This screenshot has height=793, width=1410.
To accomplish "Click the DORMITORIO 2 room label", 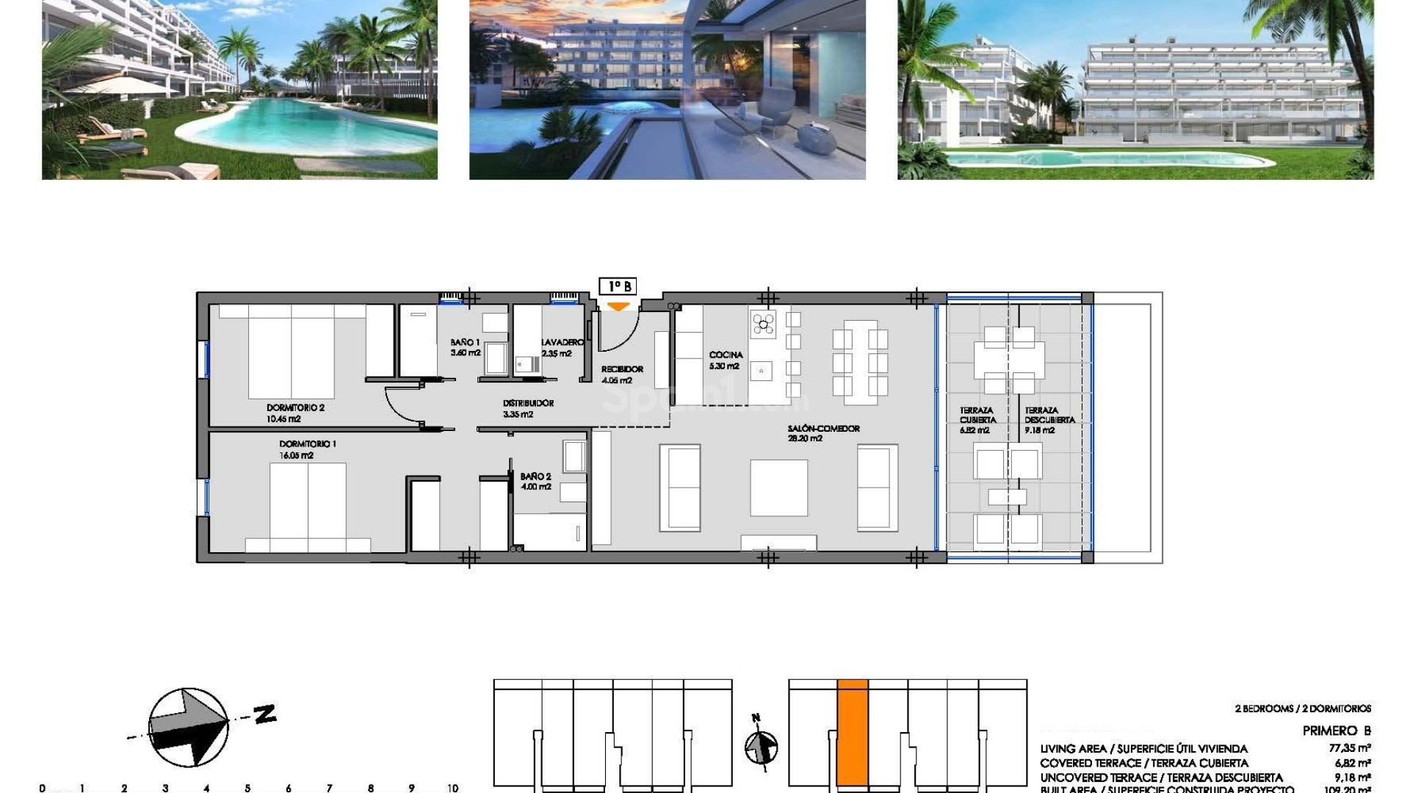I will pyautogui.click(x=295, y=408).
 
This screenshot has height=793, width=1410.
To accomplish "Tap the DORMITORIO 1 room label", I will pyautogui.click(x=307, y=444).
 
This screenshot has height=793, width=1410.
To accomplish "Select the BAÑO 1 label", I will pyautogui.click(x=465, y=343).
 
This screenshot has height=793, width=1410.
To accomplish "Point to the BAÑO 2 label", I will pyautogui.click(x=535, y=477).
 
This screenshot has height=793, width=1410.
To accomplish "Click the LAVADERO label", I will pyautogui.click(x=563, y=343).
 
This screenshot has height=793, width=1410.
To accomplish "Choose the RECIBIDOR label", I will pyautogui.click(x=622, y=369).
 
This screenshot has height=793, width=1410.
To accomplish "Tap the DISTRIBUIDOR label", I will pyautogui.click(x=528, y=404).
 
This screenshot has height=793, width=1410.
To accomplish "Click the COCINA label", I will pyautogui.click(x=726, y=355).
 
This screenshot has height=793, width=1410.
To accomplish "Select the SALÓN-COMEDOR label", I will pyautogui.click(x=823, y=429).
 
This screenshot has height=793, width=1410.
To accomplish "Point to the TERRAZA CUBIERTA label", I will pyautogui.click(x=977, y=416).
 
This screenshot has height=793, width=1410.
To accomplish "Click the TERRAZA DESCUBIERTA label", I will pyautogui.click(x=1049, y=416).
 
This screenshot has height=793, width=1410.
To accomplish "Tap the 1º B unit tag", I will pyautogui.click(x=618, y=286).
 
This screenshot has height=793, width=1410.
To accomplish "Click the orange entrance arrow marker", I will pyautogui.click(x=618, y=306).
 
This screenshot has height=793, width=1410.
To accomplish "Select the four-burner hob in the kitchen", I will pyautogui.click(x=763, y=323).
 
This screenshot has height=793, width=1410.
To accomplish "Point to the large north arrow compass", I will pyautogui.click(x=188, y=727).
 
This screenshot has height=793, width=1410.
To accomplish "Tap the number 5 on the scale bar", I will pyautogui.click(x=247, y=788).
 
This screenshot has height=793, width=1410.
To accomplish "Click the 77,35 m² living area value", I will pyautogui.click(x=1349, y=749).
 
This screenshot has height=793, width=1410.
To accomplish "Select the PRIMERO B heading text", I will pyautogui.click(x=1336, y=731).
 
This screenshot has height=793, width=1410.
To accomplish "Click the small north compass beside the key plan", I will pyautogui.click(x=761, y=747).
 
